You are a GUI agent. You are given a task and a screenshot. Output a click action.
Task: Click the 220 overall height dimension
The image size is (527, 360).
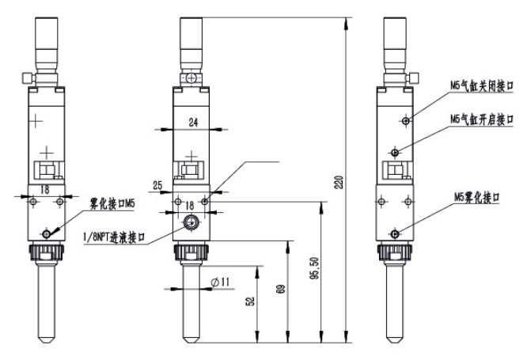point(340,184)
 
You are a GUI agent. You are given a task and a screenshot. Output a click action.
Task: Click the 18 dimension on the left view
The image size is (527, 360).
point(45,190)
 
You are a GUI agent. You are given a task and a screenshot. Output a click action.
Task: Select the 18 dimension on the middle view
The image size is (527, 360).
point(189,205)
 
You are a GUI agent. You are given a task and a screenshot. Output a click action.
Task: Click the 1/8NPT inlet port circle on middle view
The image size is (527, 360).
point(190,224)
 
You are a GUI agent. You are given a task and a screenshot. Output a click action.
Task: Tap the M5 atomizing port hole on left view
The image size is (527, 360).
point(50,233)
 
